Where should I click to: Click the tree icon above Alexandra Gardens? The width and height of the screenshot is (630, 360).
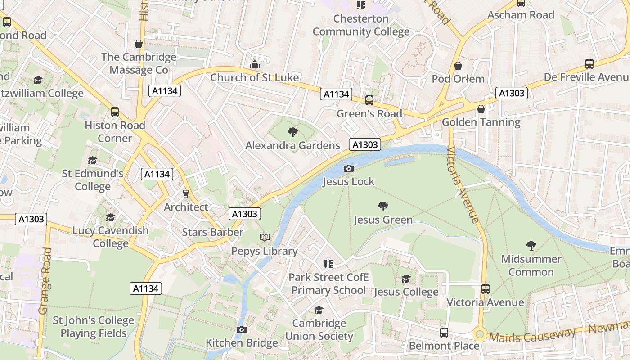[x=292, y=132]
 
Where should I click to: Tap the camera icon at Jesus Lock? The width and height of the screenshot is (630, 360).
[x=348, y=168]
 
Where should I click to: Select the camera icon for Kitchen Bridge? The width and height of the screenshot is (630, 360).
[x=242, y=329]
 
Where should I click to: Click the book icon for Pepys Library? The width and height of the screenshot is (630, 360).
[x=265, y=237]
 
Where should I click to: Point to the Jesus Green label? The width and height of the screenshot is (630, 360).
[x=383, y=220]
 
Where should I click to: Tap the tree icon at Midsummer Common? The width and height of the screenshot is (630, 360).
[x=531, y=245]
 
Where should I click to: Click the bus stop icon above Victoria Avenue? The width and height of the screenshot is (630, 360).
[x=485, y=288]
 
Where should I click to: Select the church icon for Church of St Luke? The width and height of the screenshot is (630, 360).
[x=255, y=64]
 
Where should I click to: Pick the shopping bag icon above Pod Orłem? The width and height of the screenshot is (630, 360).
[x=458, y=66]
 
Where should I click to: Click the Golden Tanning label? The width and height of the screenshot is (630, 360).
[x=481, y=122]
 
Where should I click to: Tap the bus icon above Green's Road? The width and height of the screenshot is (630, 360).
[x=369, y=100]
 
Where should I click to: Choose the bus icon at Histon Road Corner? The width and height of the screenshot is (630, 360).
[x=115, y=112]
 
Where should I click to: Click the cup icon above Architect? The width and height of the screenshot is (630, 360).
[x=185, y=193]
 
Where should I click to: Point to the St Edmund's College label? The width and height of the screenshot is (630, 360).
[x=93, y=180]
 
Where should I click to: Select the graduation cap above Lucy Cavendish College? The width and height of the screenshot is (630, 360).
[x=110, y=217]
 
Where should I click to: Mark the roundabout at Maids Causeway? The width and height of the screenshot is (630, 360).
[x=479, y=334]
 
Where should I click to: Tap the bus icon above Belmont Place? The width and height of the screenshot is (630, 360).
[x=444, y=332]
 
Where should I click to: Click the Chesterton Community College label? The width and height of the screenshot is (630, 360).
[x=361, y=25]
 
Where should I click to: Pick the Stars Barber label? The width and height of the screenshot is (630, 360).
[x=212, y=232]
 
